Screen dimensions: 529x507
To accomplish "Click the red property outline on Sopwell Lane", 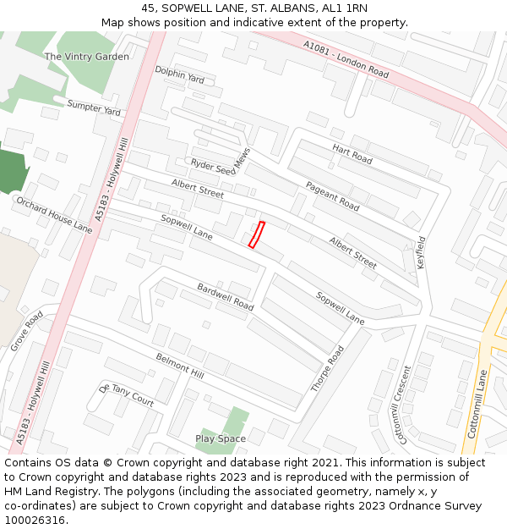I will click(256, 234).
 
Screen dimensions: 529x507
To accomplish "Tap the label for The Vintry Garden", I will click(86, 57).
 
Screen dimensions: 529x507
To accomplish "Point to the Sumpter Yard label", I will click(95, 107).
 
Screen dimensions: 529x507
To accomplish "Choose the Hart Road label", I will click(352, 154).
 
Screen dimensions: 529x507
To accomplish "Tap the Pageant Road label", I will click(332, 196).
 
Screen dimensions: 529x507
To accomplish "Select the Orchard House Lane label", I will click(54, 215).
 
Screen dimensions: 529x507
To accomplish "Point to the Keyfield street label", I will click(421, 252).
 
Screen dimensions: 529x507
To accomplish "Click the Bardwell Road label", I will click(225, 295).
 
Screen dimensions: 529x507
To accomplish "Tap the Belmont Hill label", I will click(180, 366).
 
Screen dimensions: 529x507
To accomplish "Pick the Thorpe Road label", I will click(327, 368).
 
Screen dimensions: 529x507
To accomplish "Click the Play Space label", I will click(221, 438).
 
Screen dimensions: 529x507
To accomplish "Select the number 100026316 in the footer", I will click(35, 521).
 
